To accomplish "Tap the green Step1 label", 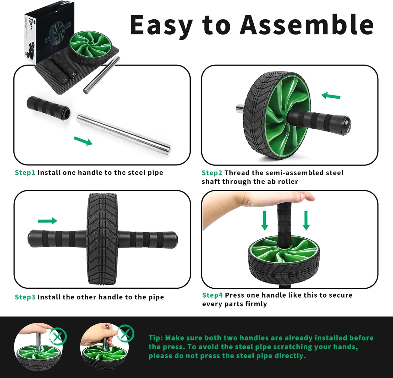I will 25,173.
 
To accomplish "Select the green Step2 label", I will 212,173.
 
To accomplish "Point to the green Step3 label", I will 25,297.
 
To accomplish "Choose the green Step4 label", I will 212,295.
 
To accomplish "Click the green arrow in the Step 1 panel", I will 83,141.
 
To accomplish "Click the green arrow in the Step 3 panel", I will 47,221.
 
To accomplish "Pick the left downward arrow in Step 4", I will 265,220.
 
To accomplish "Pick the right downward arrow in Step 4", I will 306,220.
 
